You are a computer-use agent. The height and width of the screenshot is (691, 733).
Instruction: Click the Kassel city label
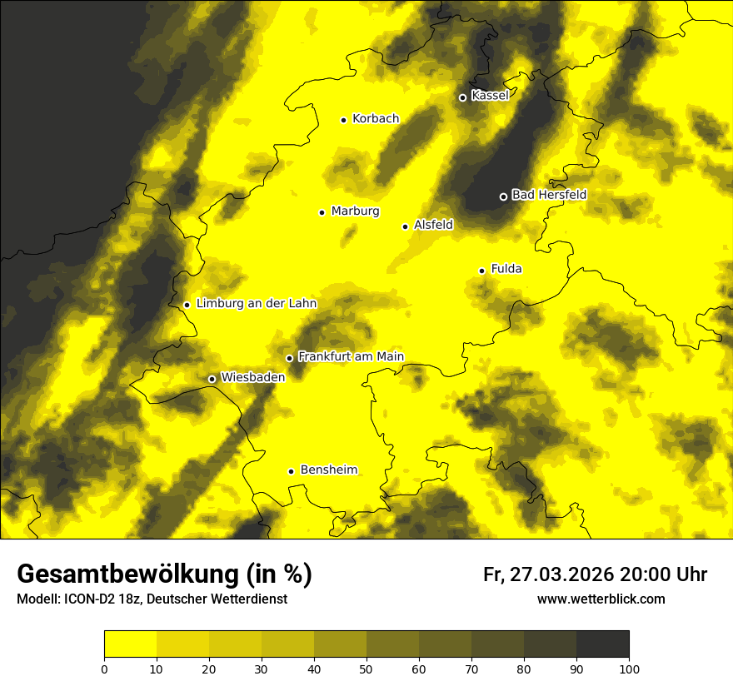[x=490, y=96]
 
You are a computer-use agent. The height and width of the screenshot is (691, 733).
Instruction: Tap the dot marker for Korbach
[x=343, y=120]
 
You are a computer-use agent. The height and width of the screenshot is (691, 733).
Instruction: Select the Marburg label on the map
[x=355, y=211]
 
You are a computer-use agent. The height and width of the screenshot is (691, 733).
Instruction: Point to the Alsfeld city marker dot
[x=405, y=226]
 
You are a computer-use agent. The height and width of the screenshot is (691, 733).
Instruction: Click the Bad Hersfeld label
[x=549, y=195]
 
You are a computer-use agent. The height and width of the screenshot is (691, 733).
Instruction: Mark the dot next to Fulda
[x=481, y=271]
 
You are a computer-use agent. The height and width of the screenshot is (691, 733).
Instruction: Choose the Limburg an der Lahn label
[x=257, y=304]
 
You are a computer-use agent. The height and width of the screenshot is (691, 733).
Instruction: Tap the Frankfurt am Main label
[x=351, y=357]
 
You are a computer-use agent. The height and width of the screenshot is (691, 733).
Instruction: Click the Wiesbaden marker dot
[x=212, y=379]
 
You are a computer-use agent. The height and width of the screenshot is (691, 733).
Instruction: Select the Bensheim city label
[x=328, y=470]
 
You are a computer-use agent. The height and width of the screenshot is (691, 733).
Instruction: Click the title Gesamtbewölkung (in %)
[x=164, y=574]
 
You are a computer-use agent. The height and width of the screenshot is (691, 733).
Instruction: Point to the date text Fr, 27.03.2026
[x=548, y=574]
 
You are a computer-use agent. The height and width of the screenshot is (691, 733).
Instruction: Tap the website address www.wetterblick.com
[x=601, y=599]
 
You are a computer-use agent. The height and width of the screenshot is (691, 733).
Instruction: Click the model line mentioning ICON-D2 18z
[x=152, y=599]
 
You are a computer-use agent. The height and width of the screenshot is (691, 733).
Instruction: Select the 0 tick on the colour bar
[x=104, y=669]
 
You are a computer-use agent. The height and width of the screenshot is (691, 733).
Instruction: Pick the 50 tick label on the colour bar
[x=366, y=669]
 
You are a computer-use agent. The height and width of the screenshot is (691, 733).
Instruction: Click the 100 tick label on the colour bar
[x=629, y=669]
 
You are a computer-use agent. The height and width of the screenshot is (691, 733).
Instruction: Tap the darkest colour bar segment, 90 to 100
[x=602, y=644]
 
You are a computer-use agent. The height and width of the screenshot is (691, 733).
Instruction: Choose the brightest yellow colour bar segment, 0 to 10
[x=130, y=644]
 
